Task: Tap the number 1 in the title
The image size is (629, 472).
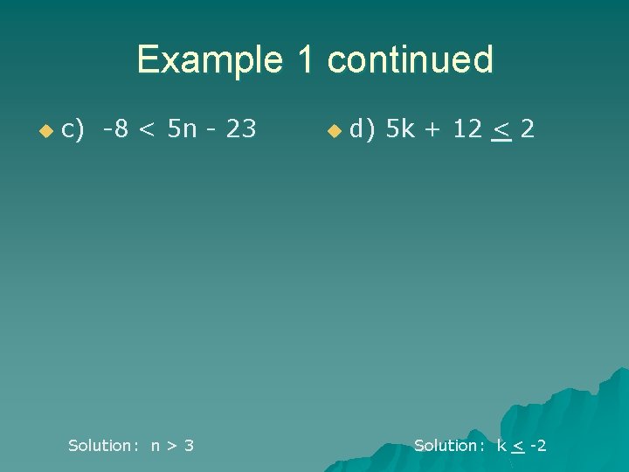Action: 305,60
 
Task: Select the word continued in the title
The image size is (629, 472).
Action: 410,60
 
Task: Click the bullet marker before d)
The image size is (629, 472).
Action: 333,131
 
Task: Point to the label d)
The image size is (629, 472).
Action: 362,129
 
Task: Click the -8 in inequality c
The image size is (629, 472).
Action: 115,129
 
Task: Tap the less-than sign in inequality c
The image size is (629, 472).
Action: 149,130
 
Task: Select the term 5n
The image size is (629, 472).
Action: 182,129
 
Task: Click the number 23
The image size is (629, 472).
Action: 240,129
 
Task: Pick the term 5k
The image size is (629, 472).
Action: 401,129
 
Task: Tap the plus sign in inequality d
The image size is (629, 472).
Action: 435,130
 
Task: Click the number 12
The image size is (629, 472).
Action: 467,129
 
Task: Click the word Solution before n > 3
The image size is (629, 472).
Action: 100,446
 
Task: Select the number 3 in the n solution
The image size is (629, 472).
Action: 189,446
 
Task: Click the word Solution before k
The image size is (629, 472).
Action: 446,446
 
